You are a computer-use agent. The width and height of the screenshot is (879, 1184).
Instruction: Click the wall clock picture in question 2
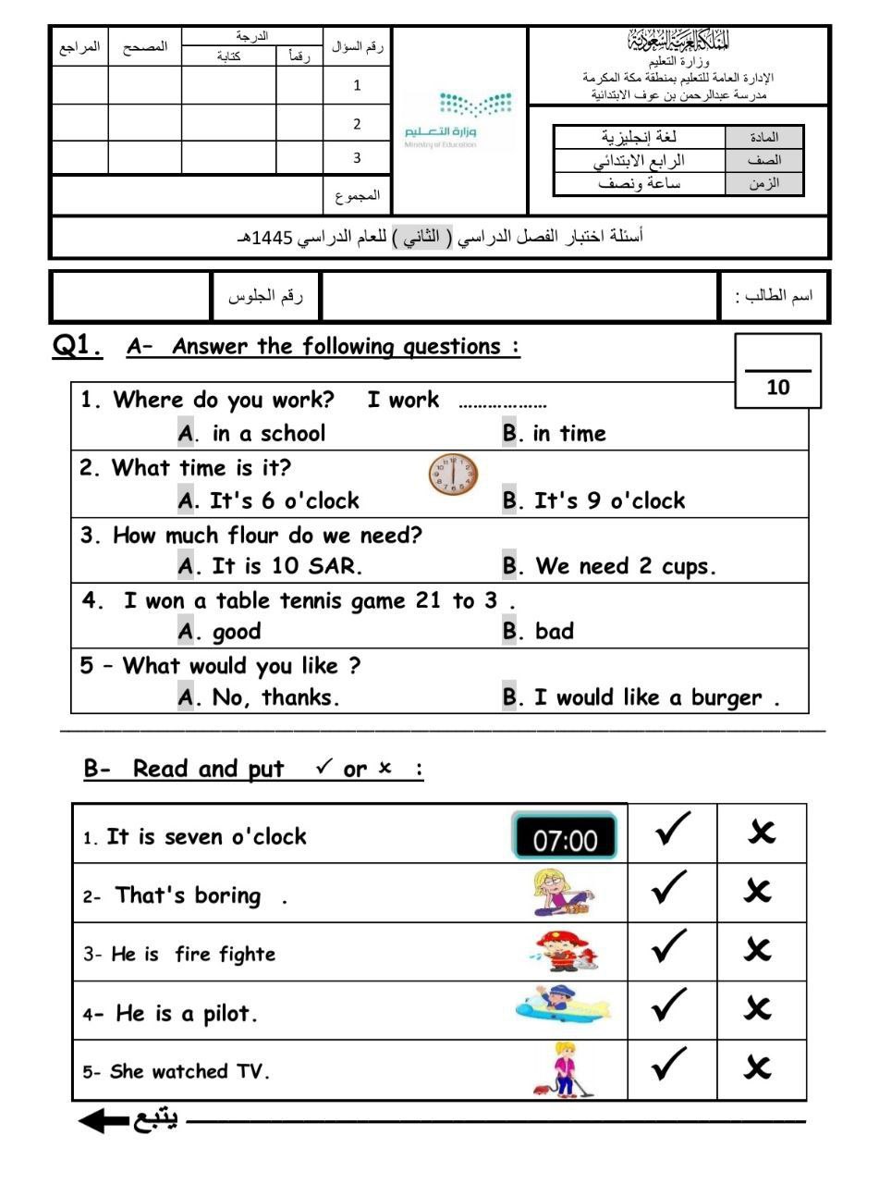454,475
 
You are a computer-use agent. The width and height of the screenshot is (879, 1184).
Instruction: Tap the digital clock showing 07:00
565,838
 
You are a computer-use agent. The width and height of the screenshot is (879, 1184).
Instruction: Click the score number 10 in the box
778,388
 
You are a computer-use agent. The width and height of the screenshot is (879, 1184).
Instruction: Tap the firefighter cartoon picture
566,951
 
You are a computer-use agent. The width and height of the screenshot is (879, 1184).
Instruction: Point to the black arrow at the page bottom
104,1121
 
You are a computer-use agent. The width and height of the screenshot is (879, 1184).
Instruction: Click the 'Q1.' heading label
78,347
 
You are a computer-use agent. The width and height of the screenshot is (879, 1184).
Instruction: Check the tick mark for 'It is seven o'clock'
671,832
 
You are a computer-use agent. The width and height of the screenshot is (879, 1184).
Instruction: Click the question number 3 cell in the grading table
357,158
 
